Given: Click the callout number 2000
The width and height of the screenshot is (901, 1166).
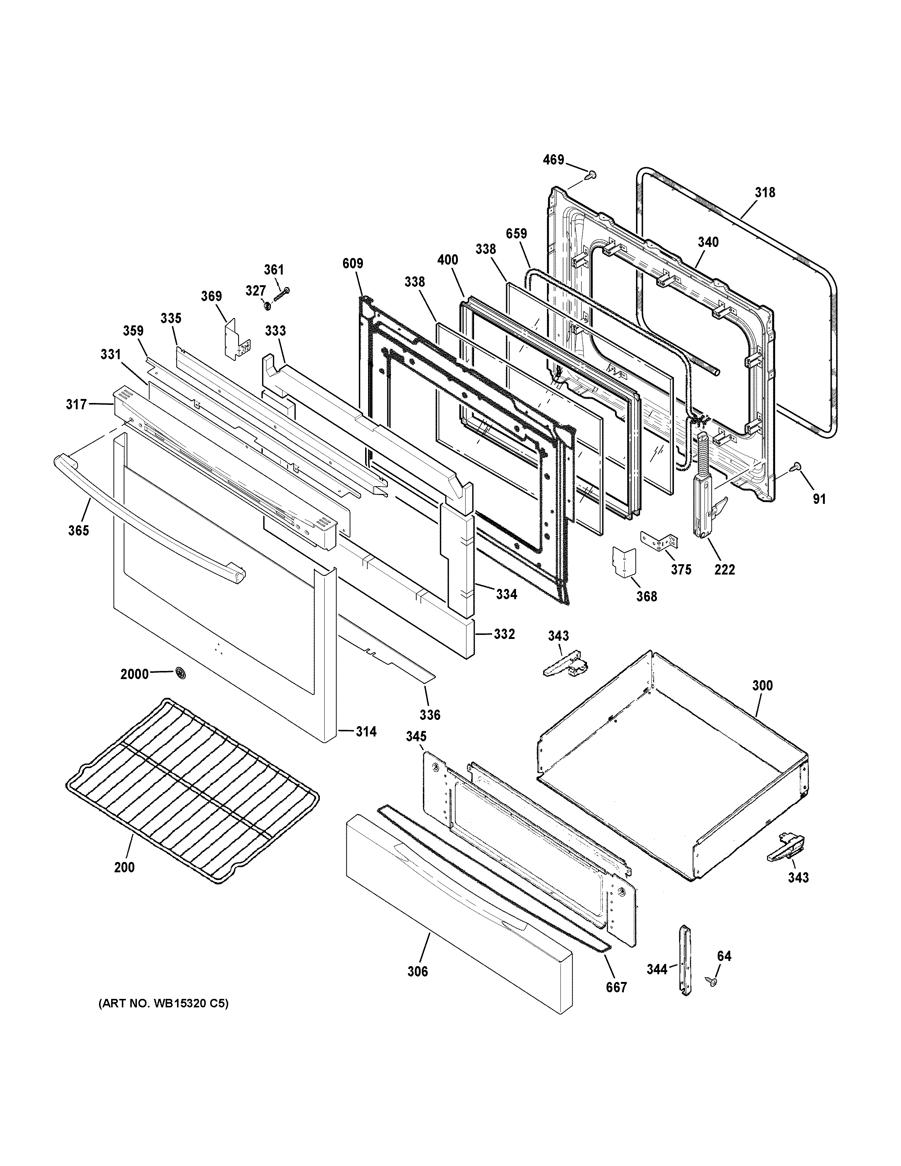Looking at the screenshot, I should click(134, 674).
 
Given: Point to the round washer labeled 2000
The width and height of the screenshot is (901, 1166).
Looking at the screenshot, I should click(181, 674).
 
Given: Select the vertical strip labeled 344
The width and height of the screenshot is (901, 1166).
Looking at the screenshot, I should click(685, 961).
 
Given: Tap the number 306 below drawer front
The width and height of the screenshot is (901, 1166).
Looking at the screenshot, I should click(417, 972).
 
